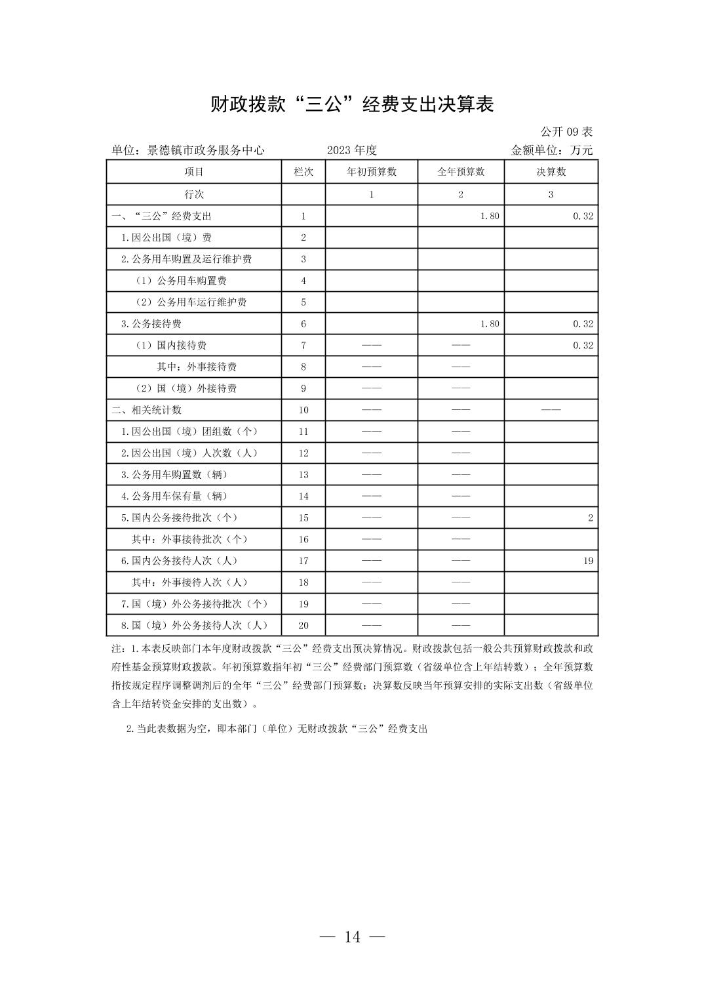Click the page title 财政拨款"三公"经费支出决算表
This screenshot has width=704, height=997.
point(351,104)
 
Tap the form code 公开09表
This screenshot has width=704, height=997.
point(566,132)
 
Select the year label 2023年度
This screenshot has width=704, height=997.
point(352,150)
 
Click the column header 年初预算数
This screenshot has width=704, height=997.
point(372,172)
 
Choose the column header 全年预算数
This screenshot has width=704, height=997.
point(461,172)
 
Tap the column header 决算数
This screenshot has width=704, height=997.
point(551,172)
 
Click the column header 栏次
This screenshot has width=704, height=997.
point(303,172)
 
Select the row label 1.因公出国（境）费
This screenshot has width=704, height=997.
point(166,237)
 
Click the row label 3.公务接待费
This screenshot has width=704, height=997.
point(151,323)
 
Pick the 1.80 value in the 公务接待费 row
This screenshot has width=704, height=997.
point(490,323)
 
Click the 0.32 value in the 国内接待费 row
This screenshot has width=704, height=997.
point(583,345)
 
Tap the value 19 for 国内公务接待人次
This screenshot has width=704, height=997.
point(588,561)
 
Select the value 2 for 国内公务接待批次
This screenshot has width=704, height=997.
point(590,518)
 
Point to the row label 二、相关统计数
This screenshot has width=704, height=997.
point(147,410)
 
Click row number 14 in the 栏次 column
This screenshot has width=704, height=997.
point(303,497)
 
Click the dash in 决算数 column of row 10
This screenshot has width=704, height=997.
point(551,410)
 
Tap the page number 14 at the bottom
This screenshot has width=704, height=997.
point(352,937)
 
